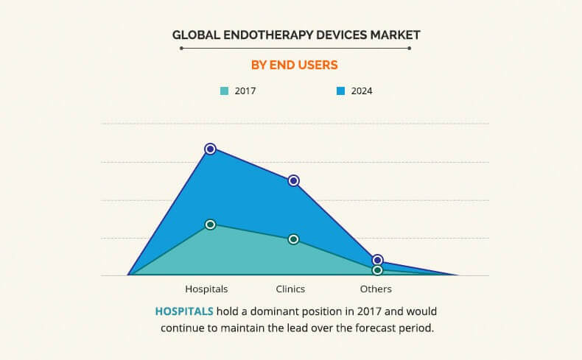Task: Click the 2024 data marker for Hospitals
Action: (x=210, y=149)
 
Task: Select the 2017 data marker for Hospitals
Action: (x=210, y=225)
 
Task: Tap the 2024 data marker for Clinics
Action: (x=293, y=180)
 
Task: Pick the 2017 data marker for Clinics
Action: (x=293, y=239)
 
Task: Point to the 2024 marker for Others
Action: (x=377, y=260)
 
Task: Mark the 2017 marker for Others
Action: (x=377, y=270)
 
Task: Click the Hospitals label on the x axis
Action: (x=206, y=289)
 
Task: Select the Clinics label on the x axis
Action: (x=290, y=289)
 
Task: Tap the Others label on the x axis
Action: (x=376, y=289)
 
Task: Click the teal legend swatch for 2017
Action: (x=224, y=91)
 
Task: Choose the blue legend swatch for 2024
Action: (x=341, y=91)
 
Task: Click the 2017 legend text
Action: (x=245, y=91)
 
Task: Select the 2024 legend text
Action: (x=362, y=91)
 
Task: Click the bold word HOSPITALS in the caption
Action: (x=184, y=311)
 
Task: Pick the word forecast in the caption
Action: (x=374, y=327)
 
